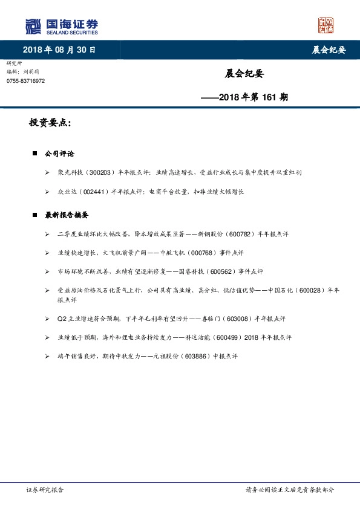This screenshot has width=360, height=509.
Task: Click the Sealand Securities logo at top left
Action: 61,26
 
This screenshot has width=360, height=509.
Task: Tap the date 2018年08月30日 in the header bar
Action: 59,50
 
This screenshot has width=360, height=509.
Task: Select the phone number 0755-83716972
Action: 25,80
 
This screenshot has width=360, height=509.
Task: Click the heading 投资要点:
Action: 50,123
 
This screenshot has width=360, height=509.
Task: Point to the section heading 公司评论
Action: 60,154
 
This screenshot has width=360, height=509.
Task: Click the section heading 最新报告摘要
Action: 67,215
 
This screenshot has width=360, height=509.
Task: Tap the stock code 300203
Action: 100,172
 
